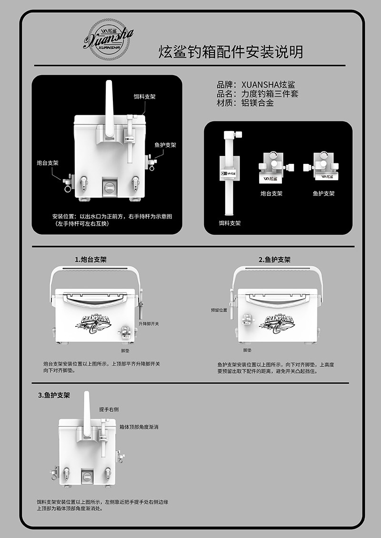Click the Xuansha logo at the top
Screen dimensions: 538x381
point(108,39)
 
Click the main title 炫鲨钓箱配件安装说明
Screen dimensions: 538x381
point(231,51)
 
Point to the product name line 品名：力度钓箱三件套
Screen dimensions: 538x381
point(258,94)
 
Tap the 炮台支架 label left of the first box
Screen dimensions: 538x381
point(48,163)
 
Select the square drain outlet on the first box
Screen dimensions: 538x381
point(110,186)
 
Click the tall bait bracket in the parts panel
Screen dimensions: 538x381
point(229,172)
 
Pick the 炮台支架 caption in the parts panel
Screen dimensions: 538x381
point(271,194)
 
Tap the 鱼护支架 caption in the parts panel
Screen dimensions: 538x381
point(323,194)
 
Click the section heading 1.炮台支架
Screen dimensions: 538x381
point(90,260)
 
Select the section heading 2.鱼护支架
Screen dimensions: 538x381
point(274,260)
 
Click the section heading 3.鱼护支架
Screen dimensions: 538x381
point(54,395)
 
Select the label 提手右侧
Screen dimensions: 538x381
point(109,409)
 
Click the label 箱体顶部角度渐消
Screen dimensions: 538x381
point(139,427)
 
